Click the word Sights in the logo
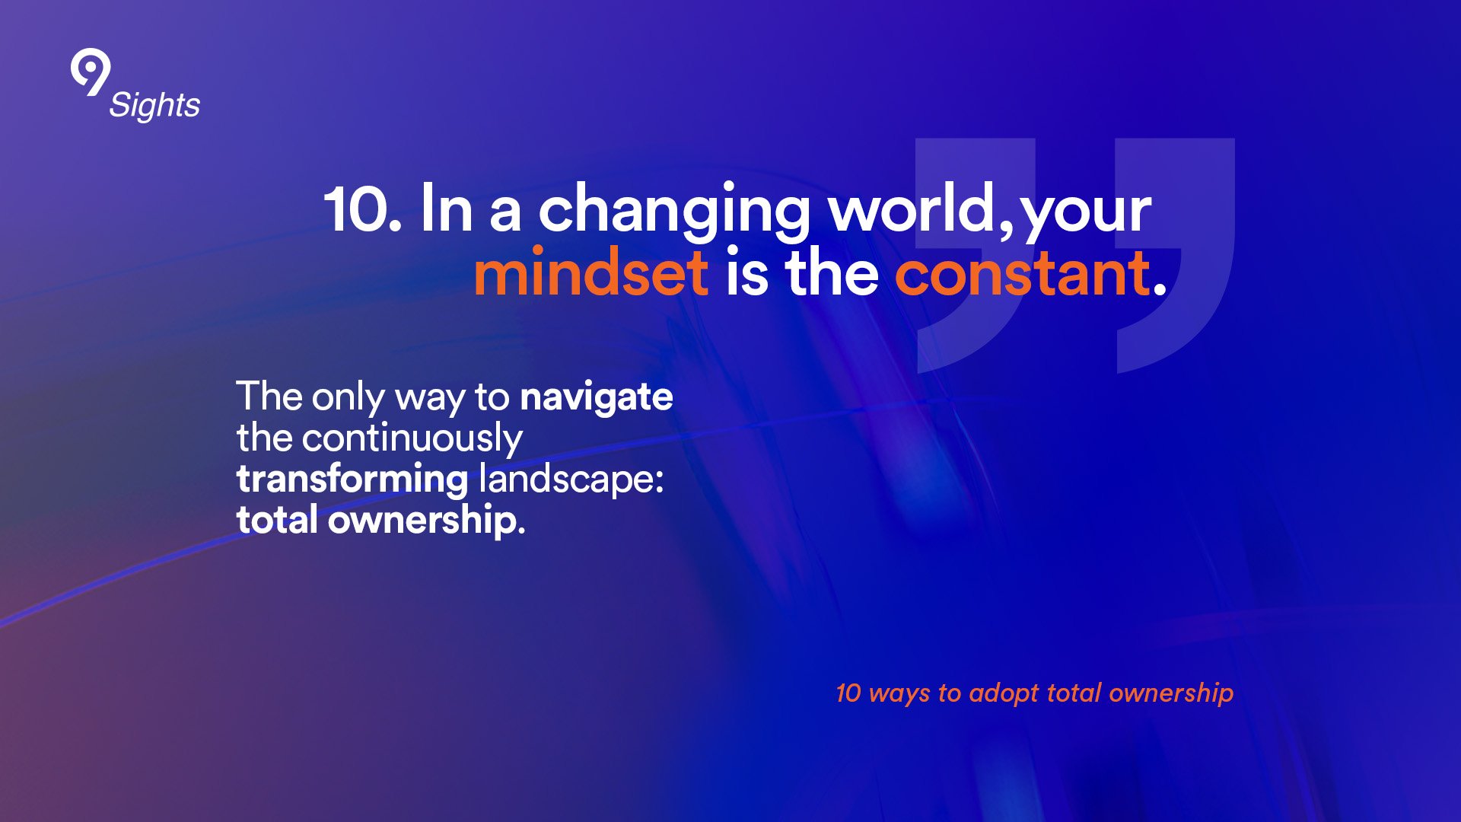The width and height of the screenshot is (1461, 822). tap(154, 106)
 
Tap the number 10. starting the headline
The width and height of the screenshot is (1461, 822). tap(362, 209)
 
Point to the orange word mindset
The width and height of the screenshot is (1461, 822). tap(590, 272)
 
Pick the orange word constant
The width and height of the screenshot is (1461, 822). tap(1023, 273)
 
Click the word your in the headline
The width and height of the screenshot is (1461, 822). tap(1087, 215)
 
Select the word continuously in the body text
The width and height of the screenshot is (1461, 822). tap(412, 439)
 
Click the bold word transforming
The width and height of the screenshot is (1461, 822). tap(352, 480)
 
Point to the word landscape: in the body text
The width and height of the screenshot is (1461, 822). tap(571, 479)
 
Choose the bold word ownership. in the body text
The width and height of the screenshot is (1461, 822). tap(427, 521)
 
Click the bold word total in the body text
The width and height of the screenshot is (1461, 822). tap(277, 521)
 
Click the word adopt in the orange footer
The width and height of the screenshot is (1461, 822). tap(1004, 693)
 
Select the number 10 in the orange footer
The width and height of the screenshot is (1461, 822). tap(848, 693)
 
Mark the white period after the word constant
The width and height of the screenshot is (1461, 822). tap(1160, 288)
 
